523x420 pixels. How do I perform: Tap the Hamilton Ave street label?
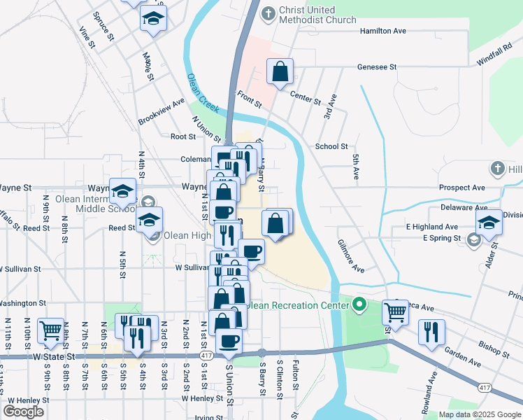pos(382,31)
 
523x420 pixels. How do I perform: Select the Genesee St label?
pos(377,67)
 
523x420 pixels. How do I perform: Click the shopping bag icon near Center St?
pos(280,71)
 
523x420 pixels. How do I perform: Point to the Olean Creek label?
pos(202,94)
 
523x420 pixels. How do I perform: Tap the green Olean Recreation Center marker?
pos(359,304)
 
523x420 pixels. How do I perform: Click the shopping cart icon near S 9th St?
pos(50,330)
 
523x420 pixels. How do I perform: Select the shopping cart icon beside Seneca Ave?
pos(395,314)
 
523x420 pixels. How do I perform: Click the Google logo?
pos(24,411)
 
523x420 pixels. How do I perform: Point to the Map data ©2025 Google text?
pos(480,414)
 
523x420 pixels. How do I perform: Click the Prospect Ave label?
pos(461,188)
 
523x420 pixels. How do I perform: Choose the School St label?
pos(331,146)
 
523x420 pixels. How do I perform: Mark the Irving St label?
pos(209,417)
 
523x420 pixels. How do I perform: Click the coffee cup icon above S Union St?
pos(229,341)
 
